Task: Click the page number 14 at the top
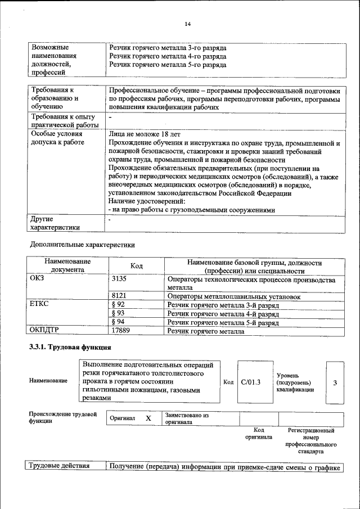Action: [188, 24]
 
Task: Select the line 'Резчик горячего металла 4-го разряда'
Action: [168, 57]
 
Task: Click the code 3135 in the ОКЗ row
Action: [121, 279]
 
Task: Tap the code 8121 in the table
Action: [121, 296]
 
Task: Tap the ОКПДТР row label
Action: [44, 331]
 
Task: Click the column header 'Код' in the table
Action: [137, 265]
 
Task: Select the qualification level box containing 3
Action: [335, 382]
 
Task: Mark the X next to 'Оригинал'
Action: [148, 419]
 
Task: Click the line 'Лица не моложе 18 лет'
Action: [144, 134]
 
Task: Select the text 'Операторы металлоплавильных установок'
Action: [233, 296]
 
